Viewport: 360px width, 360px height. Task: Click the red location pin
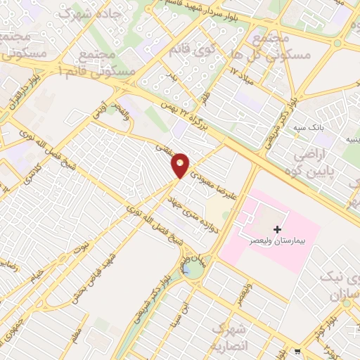point(181,165)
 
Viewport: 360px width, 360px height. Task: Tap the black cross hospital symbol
point(278,229)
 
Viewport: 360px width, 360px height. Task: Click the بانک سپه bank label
point(309,129)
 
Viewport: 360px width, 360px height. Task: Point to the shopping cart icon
point(298,352)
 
